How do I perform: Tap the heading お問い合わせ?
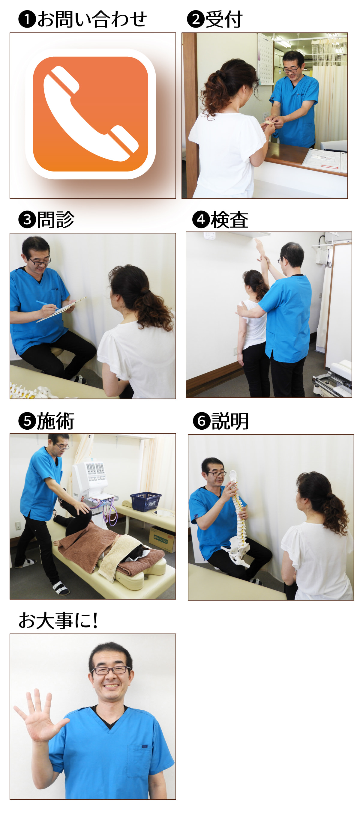coord(92,19)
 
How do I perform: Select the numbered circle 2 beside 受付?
coord(196,19)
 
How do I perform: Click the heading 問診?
coord(55,219)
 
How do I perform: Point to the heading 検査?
coord(229,219)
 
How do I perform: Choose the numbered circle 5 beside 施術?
coord(27,421)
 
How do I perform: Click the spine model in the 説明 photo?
coord(239,518)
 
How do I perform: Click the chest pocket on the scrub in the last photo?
coord(139,760)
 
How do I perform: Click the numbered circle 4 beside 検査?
coord(201,219)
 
